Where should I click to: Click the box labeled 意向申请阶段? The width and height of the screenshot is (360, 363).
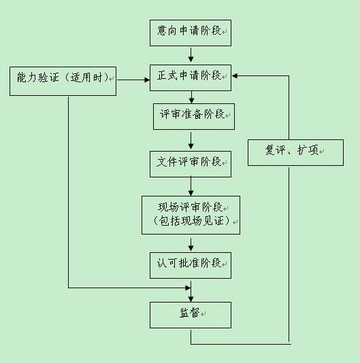191,33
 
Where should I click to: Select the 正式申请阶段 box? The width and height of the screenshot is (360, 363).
191,77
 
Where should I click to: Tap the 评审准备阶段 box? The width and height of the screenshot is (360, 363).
194,116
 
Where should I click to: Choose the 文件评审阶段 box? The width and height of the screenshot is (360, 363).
191,164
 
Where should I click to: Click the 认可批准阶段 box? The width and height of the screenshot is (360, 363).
191,265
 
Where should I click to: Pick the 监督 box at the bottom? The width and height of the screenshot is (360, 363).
191,315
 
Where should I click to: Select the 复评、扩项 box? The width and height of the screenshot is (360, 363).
295,152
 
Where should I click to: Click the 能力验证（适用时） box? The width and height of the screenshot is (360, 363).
63,81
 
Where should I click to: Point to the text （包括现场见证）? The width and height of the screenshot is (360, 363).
191,221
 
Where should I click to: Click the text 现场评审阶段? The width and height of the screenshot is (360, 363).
190,207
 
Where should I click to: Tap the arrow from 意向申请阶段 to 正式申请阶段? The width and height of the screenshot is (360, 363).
191,55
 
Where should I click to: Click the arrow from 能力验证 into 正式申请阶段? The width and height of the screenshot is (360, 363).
133,80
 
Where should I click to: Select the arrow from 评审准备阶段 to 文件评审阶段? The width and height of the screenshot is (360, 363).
191,141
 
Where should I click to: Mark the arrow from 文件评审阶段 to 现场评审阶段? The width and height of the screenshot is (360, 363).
191,186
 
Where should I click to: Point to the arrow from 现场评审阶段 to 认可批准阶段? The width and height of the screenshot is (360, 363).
191,245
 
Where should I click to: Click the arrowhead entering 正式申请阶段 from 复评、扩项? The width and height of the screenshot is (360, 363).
234,75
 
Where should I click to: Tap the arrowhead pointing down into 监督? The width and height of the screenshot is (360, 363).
191,299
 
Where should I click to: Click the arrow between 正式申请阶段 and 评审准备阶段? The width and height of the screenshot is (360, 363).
191,97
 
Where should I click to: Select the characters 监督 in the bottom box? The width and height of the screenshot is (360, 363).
190,313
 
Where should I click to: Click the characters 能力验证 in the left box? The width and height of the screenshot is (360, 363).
38,77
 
